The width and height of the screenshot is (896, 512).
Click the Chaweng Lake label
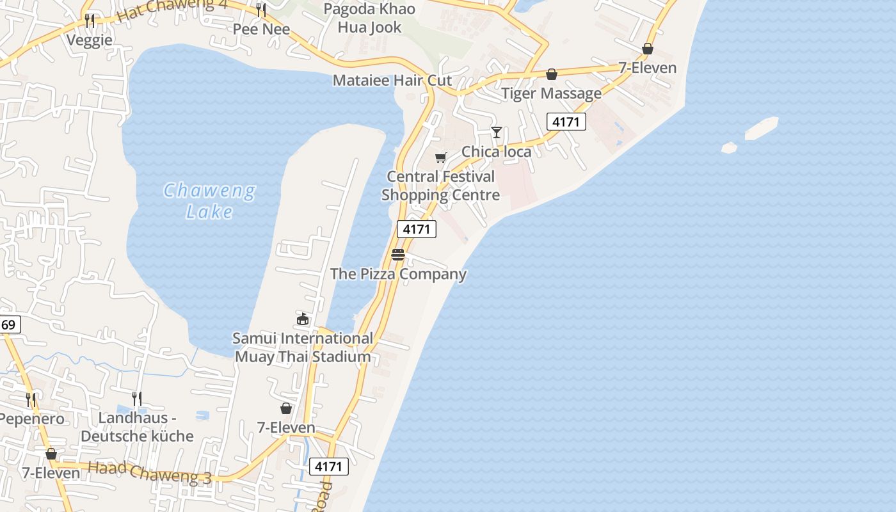click(209, 200)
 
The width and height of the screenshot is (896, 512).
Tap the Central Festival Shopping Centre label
click(440, 186)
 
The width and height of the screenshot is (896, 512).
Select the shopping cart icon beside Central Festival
click(440, 157)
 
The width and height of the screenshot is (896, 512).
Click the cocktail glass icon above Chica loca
click(496, 132)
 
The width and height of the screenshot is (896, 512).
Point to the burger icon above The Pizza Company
click(398, 255)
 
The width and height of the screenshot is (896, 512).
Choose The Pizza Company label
click(398, 274)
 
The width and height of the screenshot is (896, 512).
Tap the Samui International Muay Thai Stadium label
click(303, 348)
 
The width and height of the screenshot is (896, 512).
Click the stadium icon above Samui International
click(303, 319)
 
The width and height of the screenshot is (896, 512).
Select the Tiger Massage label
click(551, 93)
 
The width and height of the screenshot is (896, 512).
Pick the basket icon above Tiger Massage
click(551, 75)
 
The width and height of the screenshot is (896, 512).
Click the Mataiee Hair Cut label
click(392, 80)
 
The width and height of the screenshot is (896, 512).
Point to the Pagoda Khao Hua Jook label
click(369, 18)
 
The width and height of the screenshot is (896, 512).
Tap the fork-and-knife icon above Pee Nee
click(261, 10)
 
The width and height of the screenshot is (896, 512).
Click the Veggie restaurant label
click(90, 40)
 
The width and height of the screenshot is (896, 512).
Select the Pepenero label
click(32, 419)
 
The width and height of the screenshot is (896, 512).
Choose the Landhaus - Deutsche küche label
click(137, 427)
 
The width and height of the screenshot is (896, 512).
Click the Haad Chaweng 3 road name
click(149, 471)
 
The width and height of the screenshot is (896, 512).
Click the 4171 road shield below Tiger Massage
click(566, 122)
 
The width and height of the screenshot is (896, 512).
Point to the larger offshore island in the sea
click(761, 127)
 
